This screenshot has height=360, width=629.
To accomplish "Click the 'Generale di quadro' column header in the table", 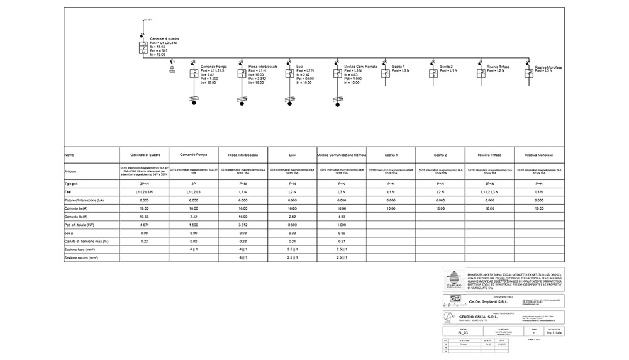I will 145,155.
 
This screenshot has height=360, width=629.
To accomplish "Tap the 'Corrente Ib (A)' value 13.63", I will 145,217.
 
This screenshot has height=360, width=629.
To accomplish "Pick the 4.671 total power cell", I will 145,225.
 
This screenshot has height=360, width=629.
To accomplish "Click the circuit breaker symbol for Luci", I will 289,75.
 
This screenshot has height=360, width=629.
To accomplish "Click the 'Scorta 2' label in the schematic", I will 447,66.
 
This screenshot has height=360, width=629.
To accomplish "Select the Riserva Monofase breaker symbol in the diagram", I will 529,75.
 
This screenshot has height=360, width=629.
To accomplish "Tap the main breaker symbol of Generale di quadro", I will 143,47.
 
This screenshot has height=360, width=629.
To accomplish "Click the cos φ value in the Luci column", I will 291,233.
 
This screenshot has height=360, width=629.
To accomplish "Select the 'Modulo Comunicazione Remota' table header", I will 342,155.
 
